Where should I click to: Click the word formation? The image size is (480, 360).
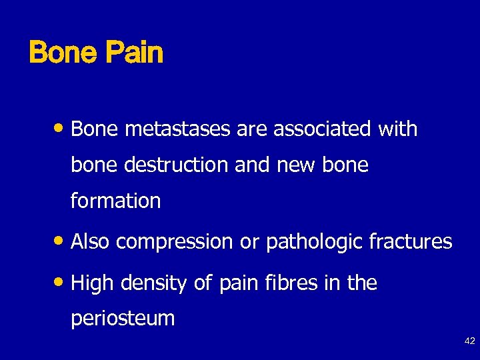coord(115,201)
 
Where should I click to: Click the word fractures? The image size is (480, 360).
coord(411,241)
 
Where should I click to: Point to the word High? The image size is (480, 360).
coord(93,284)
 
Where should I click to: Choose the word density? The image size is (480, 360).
coord(154,284)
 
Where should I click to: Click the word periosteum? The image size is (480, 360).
coord(123,319)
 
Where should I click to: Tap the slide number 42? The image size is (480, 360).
coord(469,341)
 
